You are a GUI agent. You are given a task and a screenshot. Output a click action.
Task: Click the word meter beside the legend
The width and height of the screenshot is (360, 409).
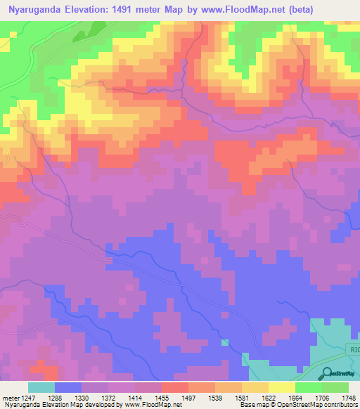pos(10,397)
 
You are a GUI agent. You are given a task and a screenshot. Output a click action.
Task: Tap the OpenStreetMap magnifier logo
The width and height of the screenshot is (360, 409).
pos(327,373)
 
